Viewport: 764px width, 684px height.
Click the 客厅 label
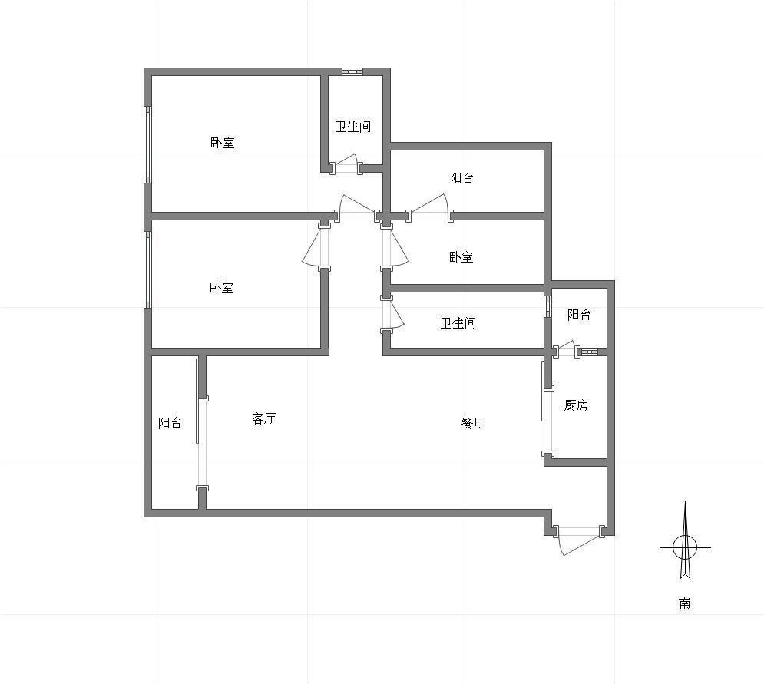(x=263, y=418)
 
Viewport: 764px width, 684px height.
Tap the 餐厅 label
(x=473, y=422)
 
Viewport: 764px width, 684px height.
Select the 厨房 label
(x=576, y=405)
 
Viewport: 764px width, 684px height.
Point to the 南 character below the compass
(x=685, y=603)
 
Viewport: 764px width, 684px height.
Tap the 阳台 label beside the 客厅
(x=170, y=422)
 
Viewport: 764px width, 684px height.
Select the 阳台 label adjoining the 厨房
(x=579, y=314)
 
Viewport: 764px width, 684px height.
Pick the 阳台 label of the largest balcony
(x=461, y=177)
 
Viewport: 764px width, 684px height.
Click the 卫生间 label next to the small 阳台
(x=458, y=322)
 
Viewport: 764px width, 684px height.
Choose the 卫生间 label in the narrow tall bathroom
(x=352, y=127)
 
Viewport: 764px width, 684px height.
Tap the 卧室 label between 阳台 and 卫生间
(x=461, y=256)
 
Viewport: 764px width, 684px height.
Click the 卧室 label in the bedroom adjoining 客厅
(x=222, y=287)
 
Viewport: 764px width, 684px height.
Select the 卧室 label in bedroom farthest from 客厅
(x=222, y=142)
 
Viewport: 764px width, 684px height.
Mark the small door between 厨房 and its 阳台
(x=565, y=348)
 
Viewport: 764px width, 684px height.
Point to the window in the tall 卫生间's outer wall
(x=352, y=71)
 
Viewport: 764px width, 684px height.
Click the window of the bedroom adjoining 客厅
(x=147, y=269)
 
